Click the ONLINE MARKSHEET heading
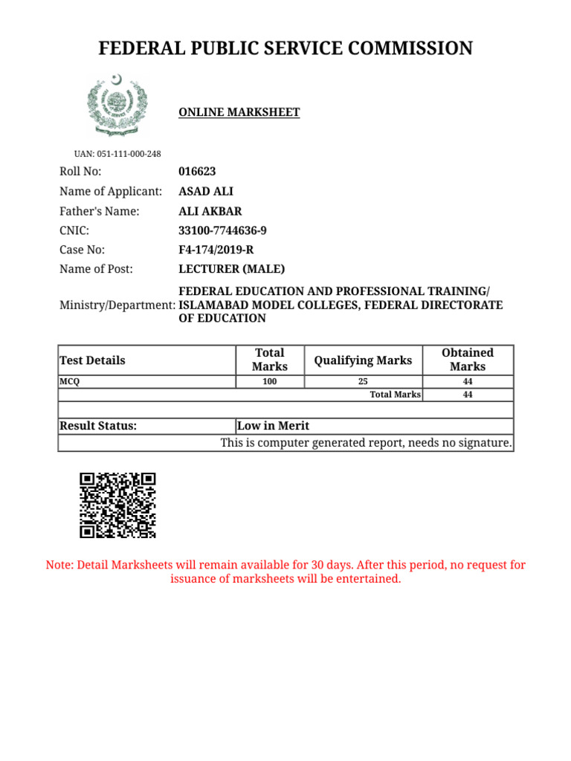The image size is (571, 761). click(x=239, y=113)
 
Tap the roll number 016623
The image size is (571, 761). click(x=197, y=172)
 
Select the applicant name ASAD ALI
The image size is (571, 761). click(x=206, y=192)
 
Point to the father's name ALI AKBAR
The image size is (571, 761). click(x=210, y=211)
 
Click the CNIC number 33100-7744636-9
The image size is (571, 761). click(x=222, y=230)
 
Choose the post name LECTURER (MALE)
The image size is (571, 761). click(x=231, y=269)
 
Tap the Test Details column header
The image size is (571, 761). click(x=92, y=360)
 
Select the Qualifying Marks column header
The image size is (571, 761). click(x=363, y=360)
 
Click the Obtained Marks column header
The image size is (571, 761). click(x=467, y=360)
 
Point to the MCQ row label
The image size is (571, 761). click(x=69, y=382)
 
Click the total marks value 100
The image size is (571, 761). click(x=269, y=382)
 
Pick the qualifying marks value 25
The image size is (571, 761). click(x=363, y=382)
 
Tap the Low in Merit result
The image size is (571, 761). click(x=273, y=426)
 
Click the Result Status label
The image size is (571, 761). click(x=98, y=426)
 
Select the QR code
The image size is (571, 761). click(x=117, y=505)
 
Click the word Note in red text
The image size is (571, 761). click(x=59, y=566)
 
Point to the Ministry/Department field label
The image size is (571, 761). click(x=117, y=305)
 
